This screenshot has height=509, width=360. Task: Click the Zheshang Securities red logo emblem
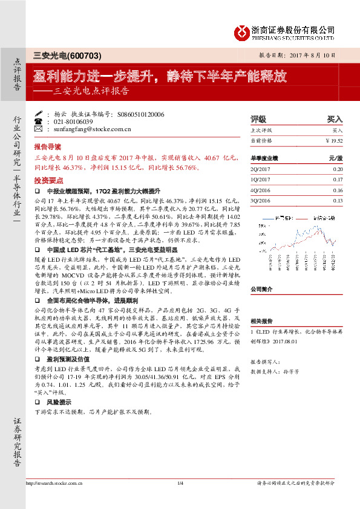[x=243, y=31]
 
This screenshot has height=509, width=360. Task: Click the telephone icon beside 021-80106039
[x=39, y=121]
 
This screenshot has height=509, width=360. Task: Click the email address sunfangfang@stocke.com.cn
[x=88, y=129]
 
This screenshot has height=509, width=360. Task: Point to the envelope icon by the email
[x=39, y=129]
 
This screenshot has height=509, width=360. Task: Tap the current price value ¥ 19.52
[x=334, y=140]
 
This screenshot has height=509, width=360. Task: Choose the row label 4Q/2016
[x=261, y=190]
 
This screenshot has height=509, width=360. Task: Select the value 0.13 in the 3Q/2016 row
[x=338, y=200]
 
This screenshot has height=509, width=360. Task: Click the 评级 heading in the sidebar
[x=258, y=119]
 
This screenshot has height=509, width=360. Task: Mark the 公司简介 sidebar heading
[x=261, y=289]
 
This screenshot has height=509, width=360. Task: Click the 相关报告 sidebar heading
[x=261, y=322]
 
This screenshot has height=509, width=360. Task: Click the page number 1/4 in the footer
[x=180, y=499]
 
